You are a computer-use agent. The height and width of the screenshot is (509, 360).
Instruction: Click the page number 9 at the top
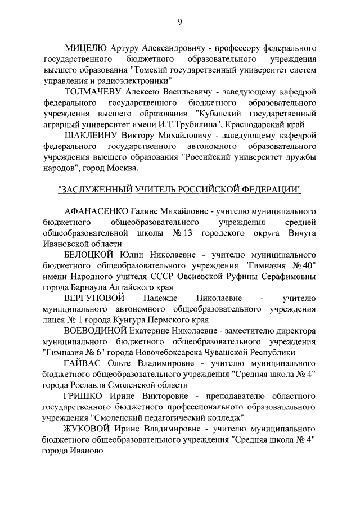tap(179, 22)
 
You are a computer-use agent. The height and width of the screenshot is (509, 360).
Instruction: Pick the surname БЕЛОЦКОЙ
tap(90, 254)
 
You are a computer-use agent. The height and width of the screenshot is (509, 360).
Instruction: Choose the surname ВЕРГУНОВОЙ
tap(93, 298)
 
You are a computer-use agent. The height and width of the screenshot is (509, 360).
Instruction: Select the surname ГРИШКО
tap(82, 396)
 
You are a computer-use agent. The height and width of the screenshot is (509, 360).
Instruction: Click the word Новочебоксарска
tap(163, 352)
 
